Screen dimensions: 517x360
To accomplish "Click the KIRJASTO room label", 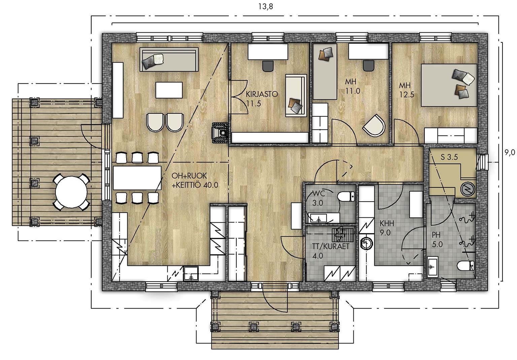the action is point(262,94).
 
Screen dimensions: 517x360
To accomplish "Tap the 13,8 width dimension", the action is point(266,6).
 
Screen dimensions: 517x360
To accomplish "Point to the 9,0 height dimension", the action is point(510,152).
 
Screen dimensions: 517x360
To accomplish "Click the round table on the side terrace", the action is point(71,192).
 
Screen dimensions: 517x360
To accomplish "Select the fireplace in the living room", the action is point(220,132).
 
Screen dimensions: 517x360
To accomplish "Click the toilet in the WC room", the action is point(346,196).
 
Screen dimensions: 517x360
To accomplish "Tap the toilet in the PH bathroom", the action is point(466,265).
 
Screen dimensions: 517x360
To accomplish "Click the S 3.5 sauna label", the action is point(449,157).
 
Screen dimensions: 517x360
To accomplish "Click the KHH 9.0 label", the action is point(387,228).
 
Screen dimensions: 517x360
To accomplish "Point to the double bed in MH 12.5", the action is point(449,85).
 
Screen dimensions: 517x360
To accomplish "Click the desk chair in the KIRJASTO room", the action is point(268,66).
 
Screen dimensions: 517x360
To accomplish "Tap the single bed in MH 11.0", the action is point(325,72).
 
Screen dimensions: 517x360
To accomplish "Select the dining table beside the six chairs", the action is point(137,178).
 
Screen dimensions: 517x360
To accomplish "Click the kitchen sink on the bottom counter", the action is point(191,274).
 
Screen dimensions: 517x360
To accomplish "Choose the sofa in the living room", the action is point(169,59).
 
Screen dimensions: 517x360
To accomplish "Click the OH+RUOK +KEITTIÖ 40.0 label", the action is point(195,180).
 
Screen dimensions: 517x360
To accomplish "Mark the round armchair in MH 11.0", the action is point(374,125).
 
